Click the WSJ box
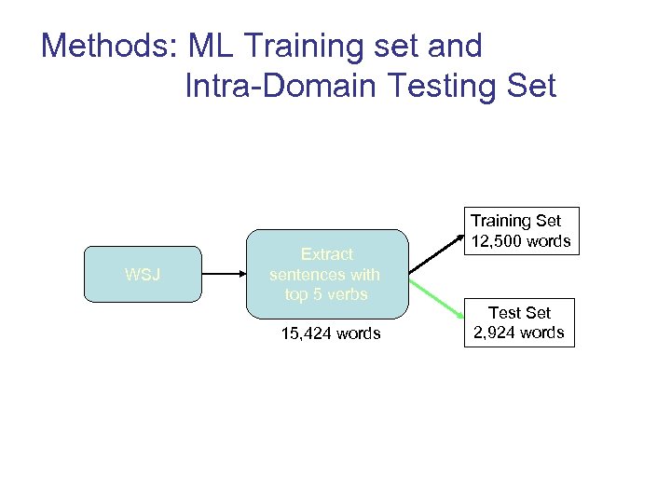(143, 275)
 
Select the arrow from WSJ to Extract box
(223, 275)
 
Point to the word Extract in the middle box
(326, 254)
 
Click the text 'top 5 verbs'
(326, 294)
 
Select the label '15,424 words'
(331, 333)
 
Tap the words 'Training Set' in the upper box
(515, 221)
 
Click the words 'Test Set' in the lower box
(519, 313)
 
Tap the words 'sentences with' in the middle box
(324, 275)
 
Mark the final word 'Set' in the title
(530, 87)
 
